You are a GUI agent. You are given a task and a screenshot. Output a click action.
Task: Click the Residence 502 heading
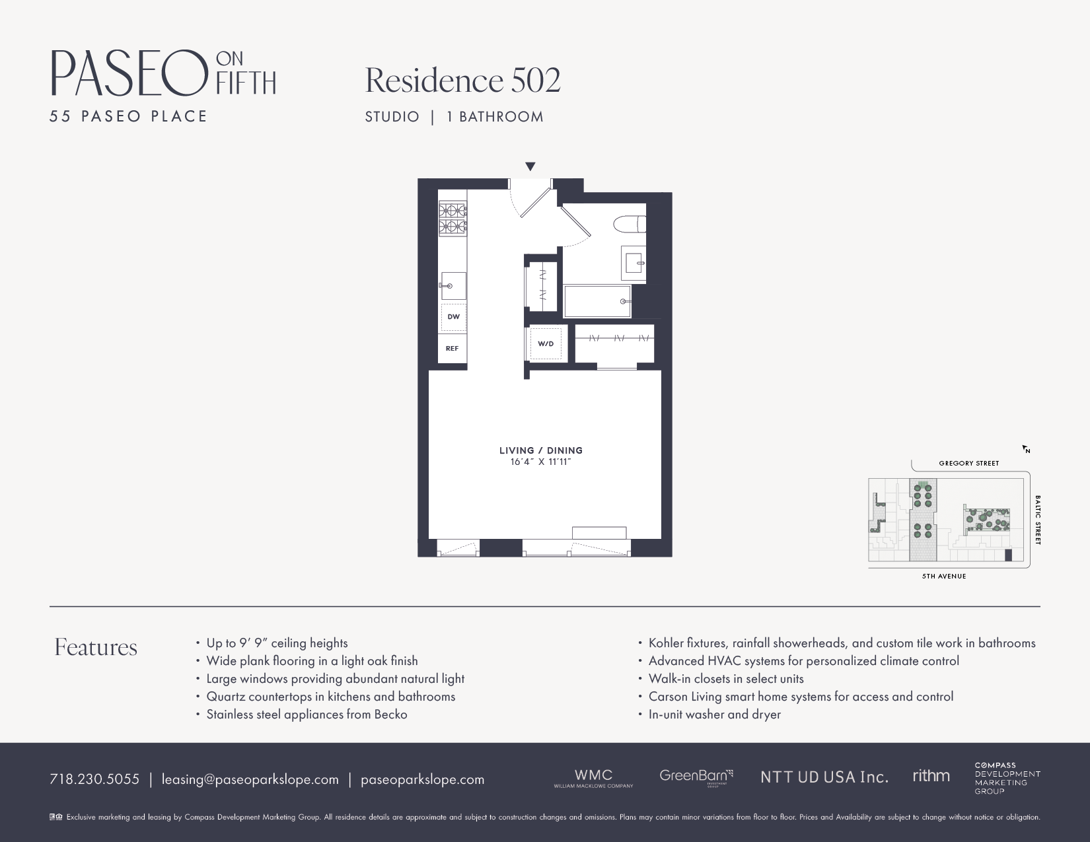click(462, 81)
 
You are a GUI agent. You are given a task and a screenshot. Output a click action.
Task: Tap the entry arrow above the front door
click(530, 167)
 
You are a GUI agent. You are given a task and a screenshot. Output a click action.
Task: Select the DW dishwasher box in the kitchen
click(453, 317)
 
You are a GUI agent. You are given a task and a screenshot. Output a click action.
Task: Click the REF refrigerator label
click(452, 348)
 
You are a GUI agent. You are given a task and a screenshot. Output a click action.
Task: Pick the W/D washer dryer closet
click(546, 343)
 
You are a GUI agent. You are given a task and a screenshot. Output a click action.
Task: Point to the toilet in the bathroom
click(630, 225)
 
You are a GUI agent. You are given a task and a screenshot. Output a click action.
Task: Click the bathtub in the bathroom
click(597, 301)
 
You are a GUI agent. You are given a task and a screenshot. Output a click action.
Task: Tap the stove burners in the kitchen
click(453, 219)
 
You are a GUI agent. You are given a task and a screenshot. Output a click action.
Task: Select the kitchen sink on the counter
click(453, 286)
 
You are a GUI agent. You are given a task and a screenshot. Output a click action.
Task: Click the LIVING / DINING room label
click(540, 450)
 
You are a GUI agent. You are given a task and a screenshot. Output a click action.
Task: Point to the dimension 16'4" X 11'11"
click(540, 462)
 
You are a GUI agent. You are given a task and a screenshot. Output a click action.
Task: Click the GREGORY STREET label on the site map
click(968, 464)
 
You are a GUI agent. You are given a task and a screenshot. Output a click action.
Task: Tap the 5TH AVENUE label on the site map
click(944, 577)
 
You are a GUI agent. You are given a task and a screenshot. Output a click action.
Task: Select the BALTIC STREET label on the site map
click(1038, 520)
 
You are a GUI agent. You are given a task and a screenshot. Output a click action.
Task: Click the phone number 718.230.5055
click(94, 779)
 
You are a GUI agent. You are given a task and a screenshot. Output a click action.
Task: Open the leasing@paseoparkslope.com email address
click(250, 779)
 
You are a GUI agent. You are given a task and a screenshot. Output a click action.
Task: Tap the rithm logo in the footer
click(931, 776)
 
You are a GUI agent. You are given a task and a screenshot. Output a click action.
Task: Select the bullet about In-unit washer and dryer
click(714, 715)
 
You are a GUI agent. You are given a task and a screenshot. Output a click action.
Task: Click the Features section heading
click(96, 647)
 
